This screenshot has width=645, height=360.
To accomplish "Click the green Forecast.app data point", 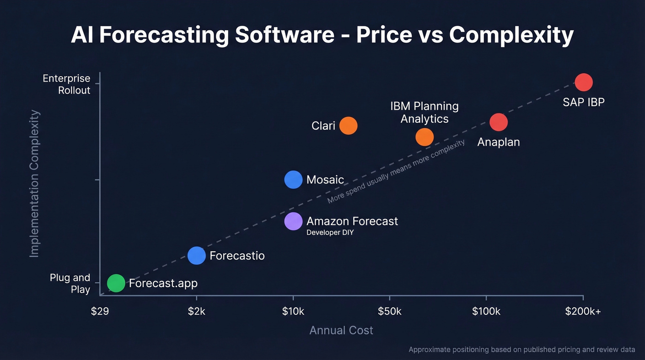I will click(116, 283).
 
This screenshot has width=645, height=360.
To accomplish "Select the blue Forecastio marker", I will click(197, 255).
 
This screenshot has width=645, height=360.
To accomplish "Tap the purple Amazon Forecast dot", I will click(293, 221).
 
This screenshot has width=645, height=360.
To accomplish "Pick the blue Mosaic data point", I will click(293, 180).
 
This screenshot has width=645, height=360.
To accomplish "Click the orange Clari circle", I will click(348, 125).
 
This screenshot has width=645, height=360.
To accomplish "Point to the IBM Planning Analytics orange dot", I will click(425, 137).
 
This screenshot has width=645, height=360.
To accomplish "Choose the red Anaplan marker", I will click(498, 122).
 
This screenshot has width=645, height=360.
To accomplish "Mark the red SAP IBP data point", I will click(584, 83).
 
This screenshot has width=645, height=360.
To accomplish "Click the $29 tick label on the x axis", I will click(100, 312).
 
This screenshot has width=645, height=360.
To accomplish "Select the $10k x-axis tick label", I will click(293, 312).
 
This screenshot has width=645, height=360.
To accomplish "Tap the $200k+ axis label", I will click(583, 312).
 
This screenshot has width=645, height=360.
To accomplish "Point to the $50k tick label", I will click(390, 312).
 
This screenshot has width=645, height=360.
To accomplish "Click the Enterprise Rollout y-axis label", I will click(67, 84).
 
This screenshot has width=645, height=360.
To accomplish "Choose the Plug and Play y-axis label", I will click(70, 283).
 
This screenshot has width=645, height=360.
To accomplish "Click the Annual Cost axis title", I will click(341, 330).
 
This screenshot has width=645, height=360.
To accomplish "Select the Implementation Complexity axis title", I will click(35, 183).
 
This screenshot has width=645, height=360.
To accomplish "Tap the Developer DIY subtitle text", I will click(330, 233).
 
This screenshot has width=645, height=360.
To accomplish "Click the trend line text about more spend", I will click(396, 172).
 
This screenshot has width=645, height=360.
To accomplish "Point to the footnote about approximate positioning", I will click(522, 350).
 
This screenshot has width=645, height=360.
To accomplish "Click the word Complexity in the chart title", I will click(511, 35).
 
